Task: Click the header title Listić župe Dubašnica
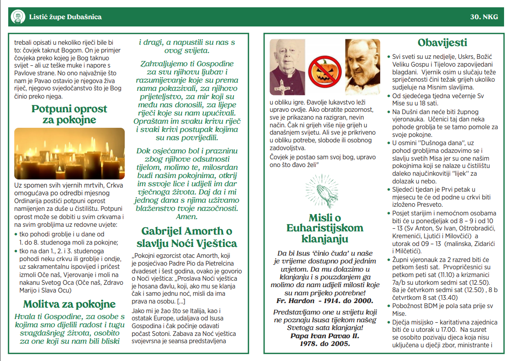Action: tap(65, 17)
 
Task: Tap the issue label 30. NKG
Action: tap(486, 17)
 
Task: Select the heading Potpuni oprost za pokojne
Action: tap(69, 115)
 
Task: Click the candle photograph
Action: tap(69, 153)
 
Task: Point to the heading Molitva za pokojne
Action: tap(69, 304)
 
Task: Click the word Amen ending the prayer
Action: tap(186, 217)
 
